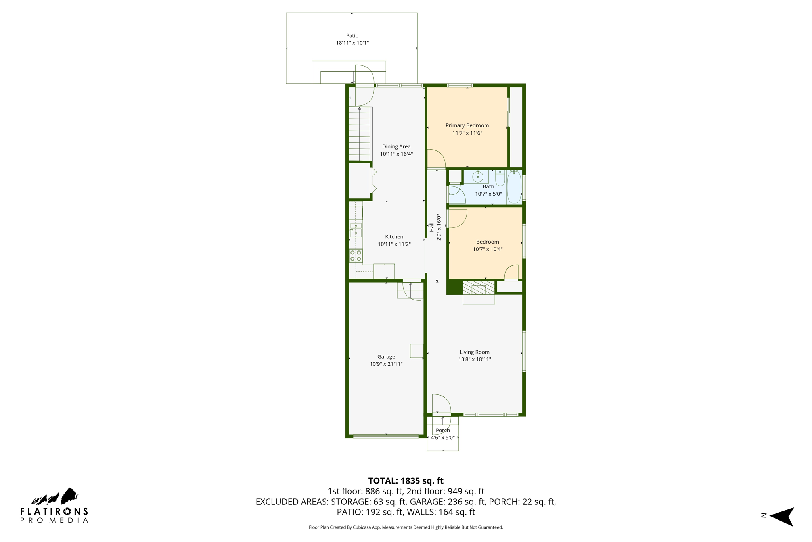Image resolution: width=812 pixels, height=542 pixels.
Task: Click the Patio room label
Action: [x=352, y=36]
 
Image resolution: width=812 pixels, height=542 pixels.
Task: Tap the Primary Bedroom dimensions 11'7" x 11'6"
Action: [x=467, y=133]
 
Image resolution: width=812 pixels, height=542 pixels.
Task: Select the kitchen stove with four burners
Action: [x=356, y=256]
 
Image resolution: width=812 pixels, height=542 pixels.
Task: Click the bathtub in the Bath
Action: [x=514, y=187]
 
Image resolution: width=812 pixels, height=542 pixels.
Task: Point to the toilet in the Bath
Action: [x=500, y=179]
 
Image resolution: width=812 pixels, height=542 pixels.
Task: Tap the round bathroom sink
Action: [x=478, y=177]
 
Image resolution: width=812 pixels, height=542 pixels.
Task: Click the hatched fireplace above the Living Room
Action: [x=479, y=288]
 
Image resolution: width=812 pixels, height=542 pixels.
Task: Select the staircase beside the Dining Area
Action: [x=360, y=134]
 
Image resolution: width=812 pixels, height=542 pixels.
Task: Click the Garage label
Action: [x=386, y=357]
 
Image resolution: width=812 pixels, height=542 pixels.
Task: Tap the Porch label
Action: [x=442, y=430]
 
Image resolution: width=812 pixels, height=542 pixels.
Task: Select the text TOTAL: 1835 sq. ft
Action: [x=406, y=481]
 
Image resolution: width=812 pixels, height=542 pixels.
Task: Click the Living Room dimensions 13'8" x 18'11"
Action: [x=475, y=359]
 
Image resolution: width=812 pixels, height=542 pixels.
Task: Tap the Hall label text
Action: [x=431, y=227]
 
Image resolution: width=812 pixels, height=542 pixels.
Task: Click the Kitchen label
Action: [x=394, y=237]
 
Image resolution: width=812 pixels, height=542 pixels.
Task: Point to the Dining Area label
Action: [x=396, y=146]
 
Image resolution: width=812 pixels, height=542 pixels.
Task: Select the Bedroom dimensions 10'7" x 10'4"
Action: [x=487, y=249]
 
